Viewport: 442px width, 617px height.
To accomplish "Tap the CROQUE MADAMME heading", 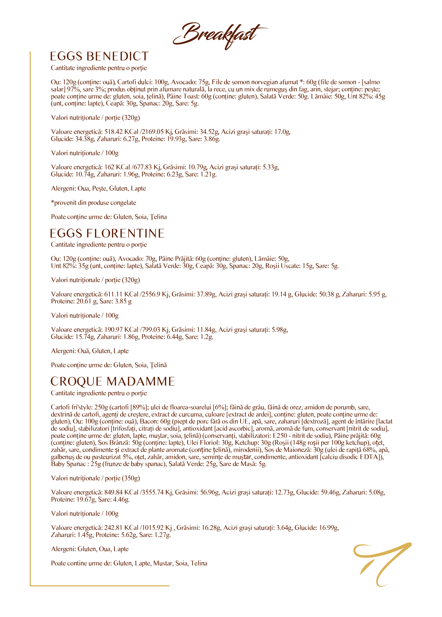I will tap(113, 381).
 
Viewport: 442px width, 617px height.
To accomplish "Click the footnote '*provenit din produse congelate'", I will tap(94, 203).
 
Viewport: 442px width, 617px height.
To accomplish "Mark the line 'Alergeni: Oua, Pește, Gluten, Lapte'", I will tap(98, 189).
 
